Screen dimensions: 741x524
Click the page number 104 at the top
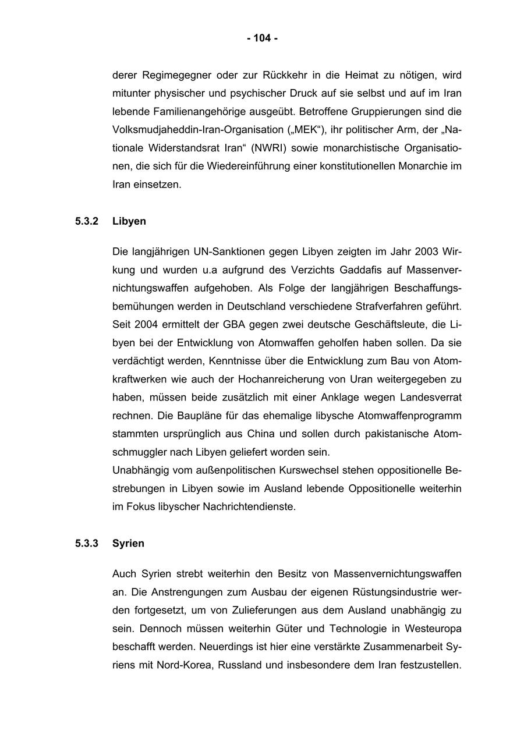(x=262, y=38)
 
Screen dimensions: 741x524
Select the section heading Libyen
(x=129, y=221)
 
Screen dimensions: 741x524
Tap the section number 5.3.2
(x=87, y=221)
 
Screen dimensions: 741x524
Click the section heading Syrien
(x=128, y=543)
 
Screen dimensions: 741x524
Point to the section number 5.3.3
(x=87, y=543)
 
